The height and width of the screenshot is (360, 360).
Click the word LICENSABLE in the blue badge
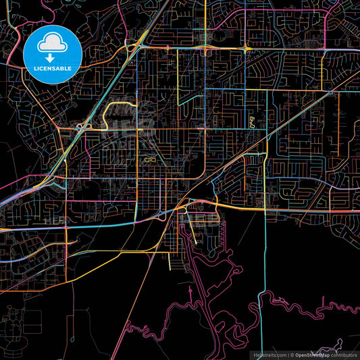pos(53,68)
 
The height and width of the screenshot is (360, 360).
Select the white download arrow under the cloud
pos(53,56)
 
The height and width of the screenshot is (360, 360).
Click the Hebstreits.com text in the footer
pos(269,355)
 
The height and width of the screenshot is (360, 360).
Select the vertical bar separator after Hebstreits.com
pos(288,355)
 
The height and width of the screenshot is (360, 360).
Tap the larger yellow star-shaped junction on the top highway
pos(246,49)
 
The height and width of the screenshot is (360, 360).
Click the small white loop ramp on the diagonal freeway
pos(80,126)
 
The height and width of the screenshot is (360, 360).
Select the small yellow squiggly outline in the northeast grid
pos(253,122)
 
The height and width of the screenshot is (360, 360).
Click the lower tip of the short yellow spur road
pos(196,243)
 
